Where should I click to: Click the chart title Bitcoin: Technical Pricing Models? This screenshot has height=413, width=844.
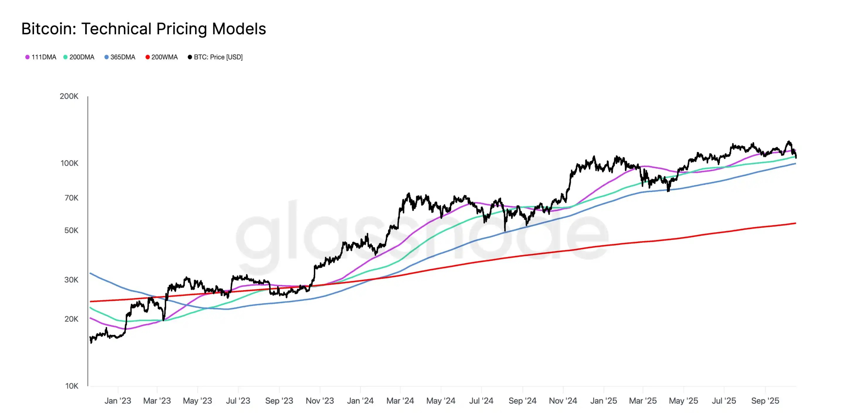click(x=144, y=29)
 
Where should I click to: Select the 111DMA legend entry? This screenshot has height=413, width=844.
click(x=41, y=57)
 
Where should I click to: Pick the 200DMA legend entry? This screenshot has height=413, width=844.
click(x=79, y=57)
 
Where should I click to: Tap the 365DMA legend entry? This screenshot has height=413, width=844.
click(x=120, y=57)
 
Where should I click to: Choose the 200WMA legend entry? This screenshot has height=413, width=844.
click(x=161, y=57)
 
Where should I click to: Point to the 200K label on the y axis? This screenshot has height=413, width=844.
click(x=69, y=96)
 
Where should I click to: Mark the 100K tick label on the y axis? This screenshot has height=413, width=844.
click(x=69, y=163)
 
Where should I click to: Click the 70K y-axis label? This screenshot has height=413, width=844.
click(x=72, y=198)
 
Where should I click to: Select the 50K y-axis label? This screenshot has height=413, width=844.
click(x=72, y=230)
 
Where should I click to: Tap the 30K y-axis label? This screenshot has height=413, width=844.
click(x=72, y=280)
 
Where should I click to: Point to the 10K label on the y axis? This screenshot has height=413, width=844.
click(x=72, y=386)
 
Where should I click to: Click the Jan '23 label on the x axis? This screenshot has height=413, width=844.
click(x=118, y=401)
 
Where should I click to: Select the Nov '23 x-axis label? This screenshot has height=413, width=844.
click(x=320, y=401)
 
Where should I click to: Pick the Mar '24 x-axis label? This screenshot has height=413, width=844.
click(x=400, y=401)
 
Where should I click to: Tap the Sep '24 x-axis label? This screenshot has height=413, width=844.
click(x=522, y=401)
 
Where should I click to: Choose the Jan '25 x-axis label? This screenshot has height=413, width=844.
click(x=603, y=401)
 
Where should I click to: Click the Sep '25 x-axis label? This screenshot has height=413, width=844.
click(x=765, y=401)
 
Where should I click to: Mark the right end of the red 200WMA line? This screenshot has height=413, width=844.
click(x=796, y=223)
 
